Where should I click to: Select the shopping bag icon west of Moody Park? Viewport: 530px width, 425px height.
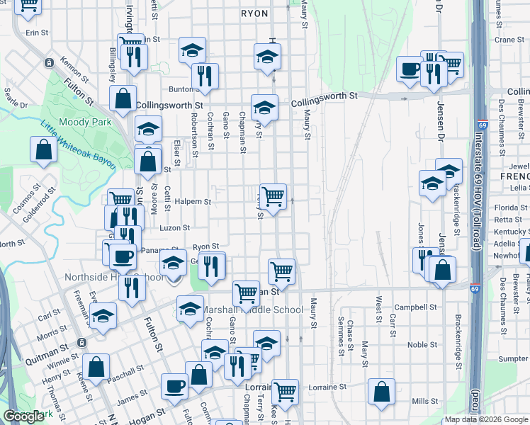(44, 150)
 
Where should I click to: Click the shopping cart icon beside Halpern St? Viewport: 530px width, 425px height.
(273, 196)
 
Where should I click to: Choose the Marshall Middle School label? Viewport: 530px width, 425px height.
(254, 310)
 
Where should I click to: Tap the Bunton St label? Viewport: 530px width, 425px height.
(181, 89)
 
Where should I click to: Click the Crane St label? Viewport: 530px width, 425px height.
(509, 40)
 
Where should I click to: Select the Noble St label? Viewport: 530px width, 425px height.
(422, 345)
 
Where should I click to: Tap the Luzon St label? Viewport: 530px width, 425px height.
(176, 228)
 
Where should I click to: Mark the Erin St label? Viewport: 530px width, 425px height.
(36, 33)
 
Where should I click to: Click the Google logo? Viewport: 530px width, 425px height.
(23, 416)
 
